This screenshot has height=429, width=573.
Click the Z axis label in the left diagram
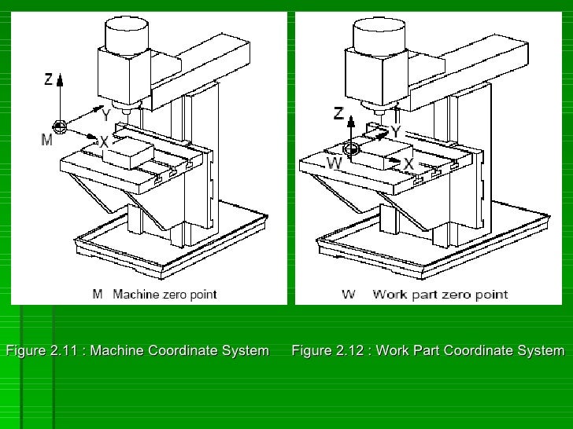click(x=48, y=79)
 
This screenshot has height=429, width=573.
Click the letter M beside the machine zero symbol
click(x=46, y=140)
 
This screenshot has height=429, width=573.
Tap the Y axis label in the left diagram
click(x=105, y=115)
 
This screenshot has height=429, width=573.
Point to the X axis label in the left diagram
click(x=102, y=141)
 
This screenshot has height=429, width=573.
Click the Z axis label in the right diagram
click(x=338, y=114)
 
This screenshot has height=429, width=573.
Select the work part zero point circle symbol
click(x=351, y=148)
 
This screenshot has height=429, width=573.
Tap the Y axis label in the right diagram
click(x=395, y=131)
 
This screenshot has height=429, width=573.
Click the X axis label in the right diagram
click(x=408, y=163)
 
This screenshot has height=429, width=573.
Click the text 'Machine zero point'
click(x=165, y=295)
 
